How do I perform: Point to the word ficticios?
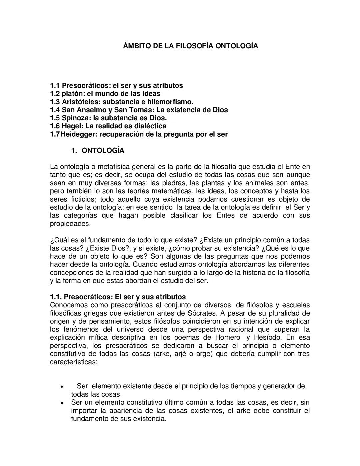(75, 199)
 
